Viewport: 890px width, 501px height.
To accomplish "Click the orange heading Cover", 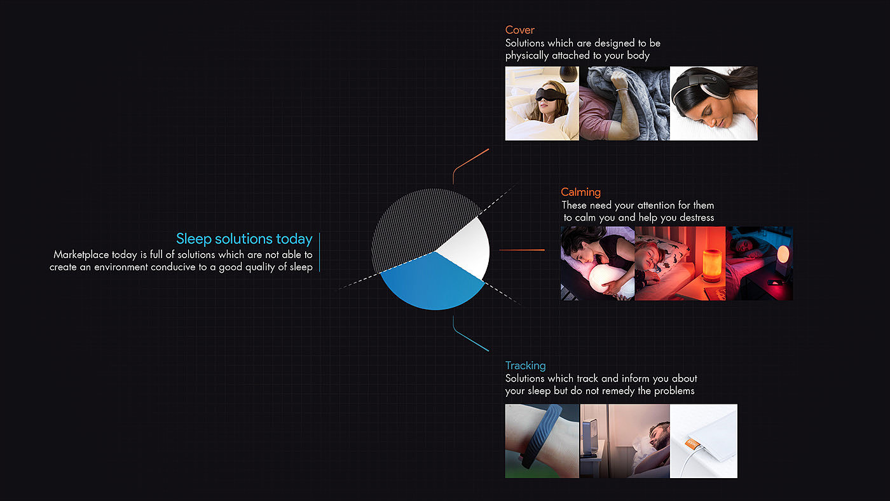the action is [520, 30].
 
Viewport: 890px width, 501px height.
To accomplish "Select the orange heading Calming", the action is [580, 192].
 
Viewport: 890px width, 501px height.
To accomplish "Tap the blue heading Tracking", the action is [525, 366].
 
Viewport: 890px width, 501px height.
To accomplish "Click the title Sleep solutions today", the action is [244, 239].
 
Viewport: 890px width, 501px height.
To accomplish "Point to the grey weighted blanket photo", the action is [624, 103].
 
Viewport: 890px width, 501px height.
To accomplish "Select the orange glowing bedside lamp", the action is [711, 265].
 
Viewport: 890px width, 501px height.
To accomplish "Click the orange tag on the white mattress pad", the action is [692, 443].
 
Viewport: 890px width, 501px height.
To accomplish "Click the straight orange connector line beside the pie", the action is [522, 250].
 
